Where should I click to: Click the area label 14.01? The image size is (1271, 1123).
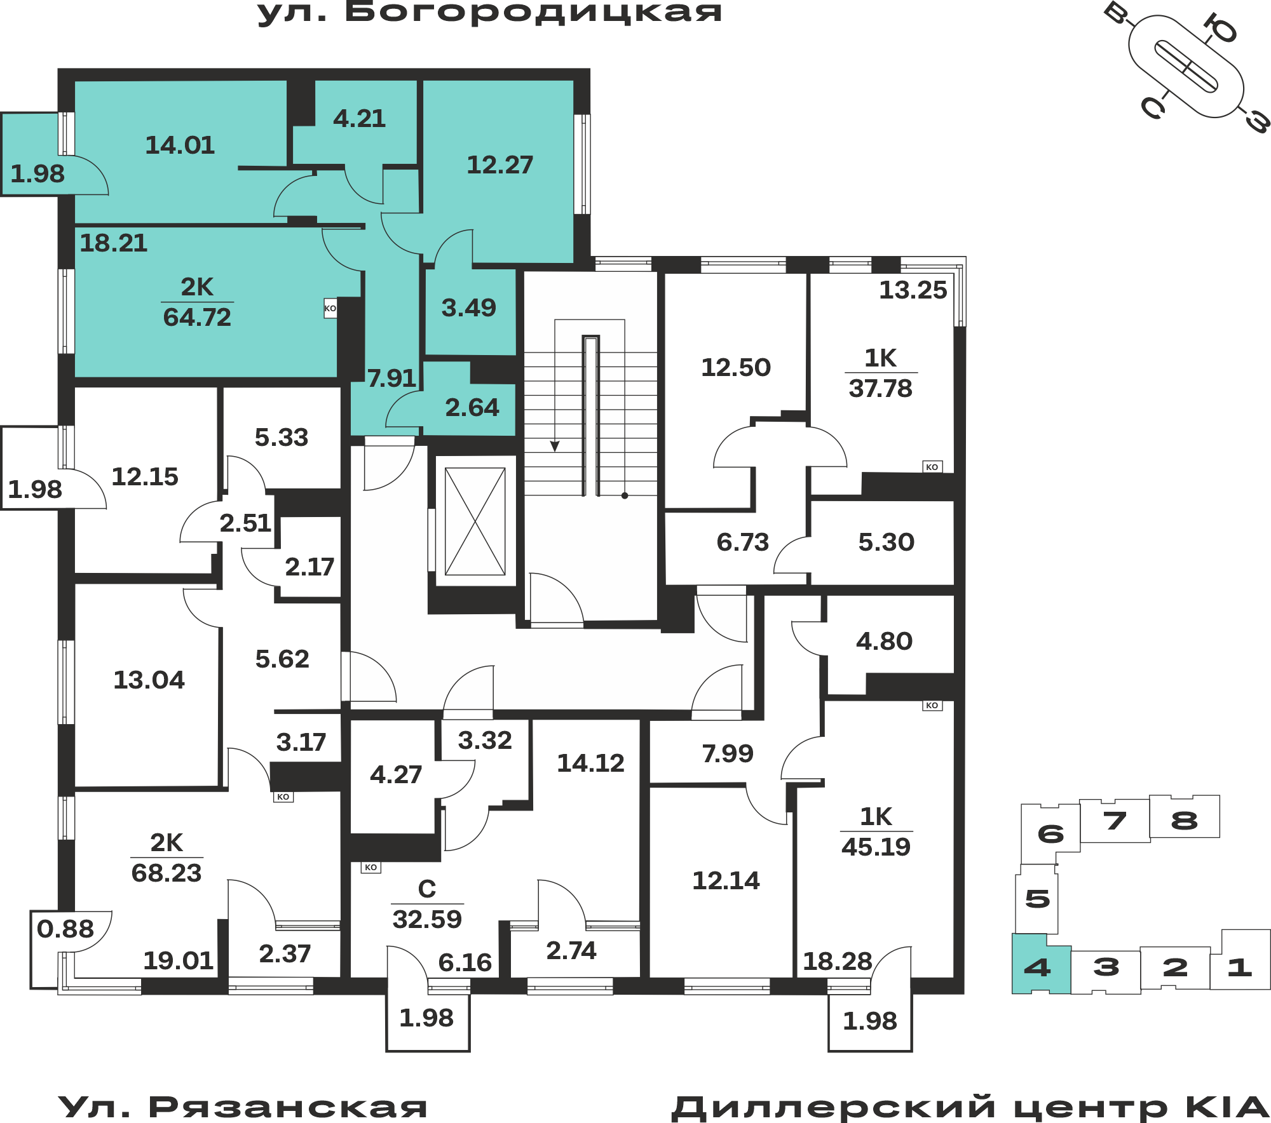(180, 145)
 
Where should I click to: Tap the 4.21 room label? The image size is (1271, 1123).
(359, 119)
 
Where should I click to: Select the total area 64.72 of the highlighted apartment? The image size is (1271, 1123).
(197, 318)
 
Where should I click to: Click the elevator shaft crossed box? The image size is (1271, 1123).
(475, 521)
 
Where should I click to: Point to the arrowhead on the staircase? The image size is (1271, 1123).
(555, 447)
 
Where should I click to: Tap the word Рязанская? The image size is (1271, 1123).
(287, 1108)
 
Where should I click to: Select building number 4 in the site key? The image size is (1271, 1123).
(1037, 968)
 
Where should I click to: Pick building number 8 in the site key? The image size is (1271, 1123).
(1184, 821)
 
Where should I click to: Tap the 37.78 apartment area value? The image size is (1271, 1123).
(880, 389)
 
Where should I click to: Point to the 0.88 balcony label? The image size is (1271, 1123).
(65, 929)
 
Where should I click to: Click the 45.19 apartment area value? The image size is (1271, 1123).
(876, 847)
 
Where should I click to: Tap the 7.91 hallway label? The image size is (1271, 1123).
(391, 379)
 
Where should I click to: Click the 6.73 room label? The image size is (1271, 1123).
(742, 542)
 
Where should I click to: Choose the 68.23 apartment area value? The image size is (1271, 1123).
(167, 873)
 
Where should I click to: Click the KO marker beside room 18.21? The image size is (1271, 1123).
(330, 309)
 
